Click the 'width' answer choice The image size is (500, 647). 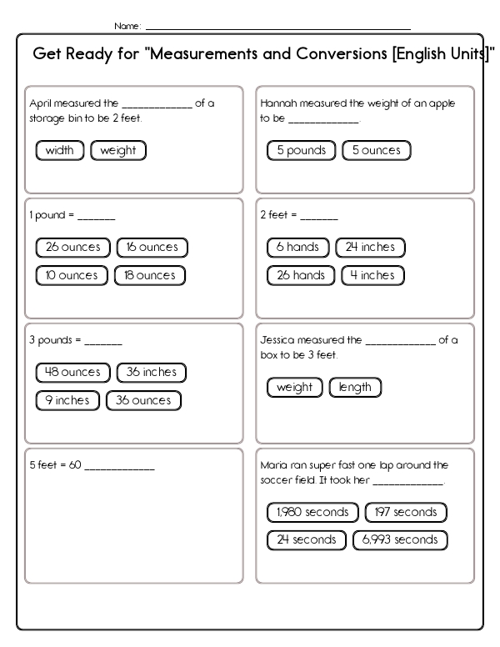[60, 150]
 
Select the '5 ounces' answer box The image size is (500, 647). [376, 150]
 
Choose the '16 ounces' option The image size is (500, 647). [152, 247]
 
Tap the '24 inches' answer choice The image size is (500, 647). [370, 247]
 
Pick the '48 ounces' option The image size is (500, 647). [73, 373]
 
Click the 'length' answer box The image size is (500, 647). [355, 388]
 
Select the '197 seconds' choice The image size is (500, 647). [406, 513]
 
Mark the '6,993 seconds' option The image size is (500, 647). [400, 540]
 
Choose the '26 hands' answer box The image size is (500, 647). [301, 276]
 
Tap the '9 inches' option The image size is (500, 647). [67, 401]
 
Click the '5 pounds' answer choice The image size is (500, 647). [301, 150]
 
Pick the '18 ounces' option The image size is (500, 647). [150, 276]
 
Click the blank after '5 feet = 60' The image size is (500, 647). [120, 469]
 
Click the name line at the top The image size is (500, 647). [278, 29]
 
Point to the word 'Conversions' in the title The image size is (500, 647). [342, 53]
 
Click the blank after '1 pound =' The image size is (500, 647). [97, 218]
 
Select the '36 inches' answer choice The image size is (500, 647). [152, 373]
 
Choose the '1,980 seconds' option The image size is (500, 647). [312, 513]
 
